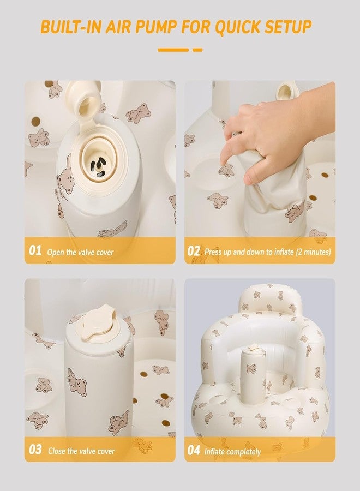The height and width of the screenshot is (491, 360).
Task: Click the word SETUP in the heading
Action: click(x=289, y=27)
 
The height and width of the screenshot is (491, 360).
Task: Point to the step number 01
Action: click(x=35, y=251)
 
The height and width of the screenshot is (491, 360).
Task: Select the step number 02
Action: click(x=194, y=251)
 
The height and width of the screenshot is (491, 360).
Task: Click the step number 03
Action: click(x=35, y=450)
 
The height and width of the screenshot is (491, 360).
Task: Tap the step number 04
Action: click(x=194, y=450)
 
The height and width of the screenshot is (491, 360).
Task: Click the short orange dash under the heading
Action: click(x=197, y=50)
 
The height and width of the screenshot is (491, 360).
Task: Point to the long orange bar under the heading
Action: click(x=173, y=50)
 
